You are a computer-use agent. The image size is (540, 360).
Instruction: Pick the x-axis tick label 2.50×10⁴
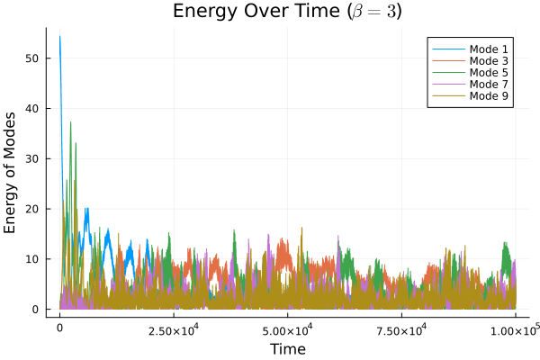click(x=174, y=331)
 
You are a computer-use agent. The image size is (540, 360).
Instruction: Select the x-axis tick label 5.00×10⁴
click(x=287, y=331)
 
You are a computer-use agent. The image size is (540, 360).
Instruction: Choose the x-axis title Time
click(x=287, y=348)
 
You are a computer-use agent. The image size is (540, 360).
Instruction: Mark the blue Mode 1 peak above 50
click(x=59, y=37)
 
